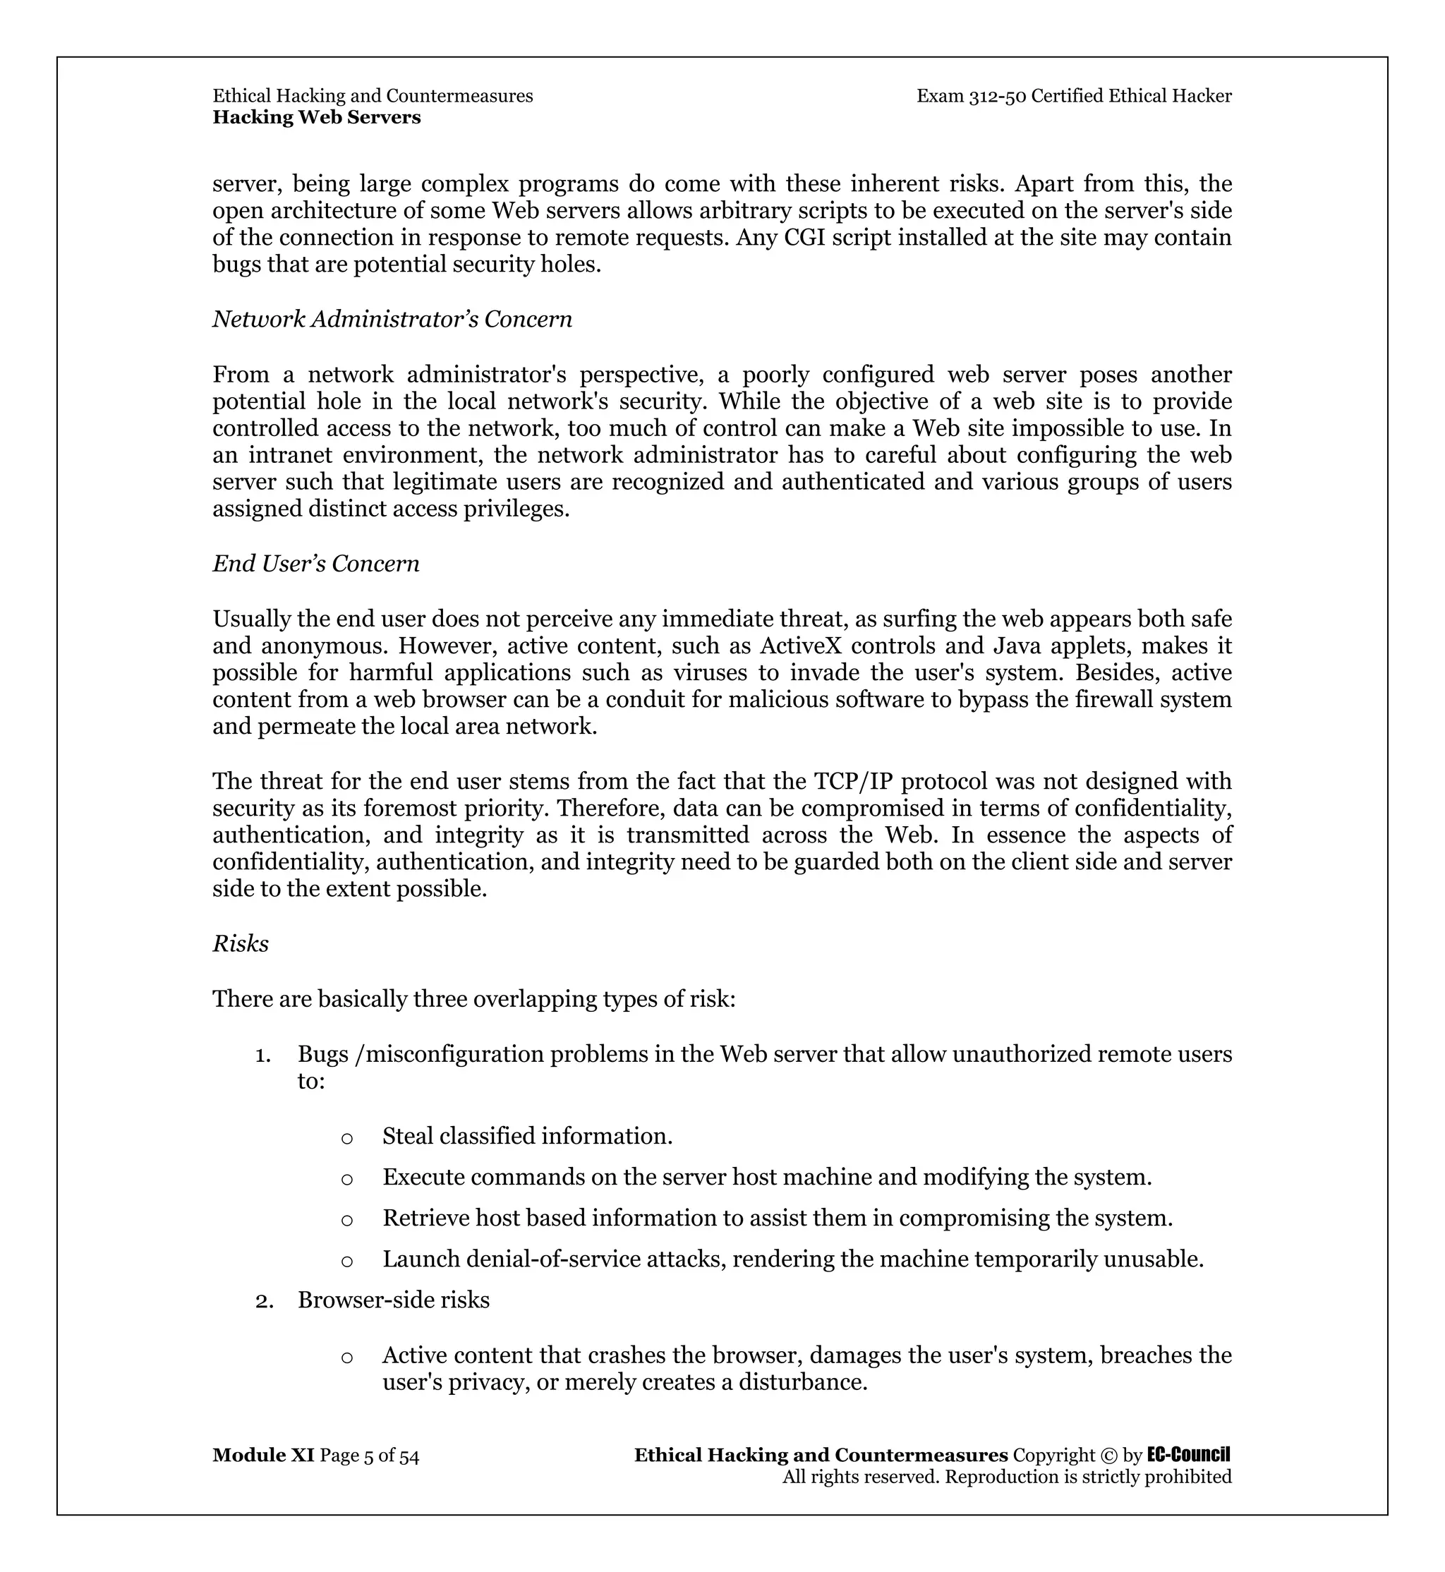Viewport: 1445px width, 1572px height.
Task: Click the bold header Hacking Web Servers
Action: pyautogui.click(x=317, y=118)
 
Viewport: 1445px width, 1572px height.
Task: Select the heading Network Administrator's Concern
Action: pyautogui.click(x=392, y=319)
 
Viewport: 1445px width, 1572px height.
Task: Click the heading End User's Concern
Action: pyautogui.click(x=316, y=564)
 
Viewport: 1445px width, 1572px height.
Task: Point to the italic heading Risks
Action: pyautogui.click(x=240, y=944)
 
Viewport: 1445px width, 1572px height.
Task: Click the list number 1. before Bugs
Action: pyautogui.click(x=263, y=1055)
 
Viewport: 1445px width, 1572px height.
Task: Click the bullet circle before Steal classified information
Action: pyautogui.click(x=347, y=1138)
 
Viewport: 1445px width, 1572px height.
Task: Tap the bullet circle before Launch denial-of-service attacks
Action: pyautogui.click(x=347, y=1261)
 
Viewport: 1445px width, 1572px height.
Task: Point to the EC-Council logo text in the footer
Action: pyautogui.click(x=1187, y=1455)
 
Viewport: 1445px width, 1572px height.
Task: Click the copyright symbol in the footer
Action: pyautogui.click(x=1108, y=1456)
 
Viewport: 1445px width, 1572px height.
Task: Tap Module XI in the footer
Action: pyautogui.click(x=262, y=1456)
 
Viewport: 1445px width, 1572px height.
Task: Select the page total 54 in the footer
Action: pyautogui.click(x=409, y=1456)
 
